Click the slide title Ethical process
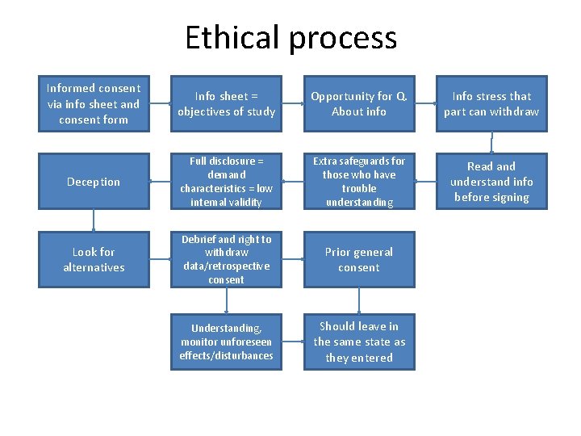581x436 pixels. click(x=290, y=38)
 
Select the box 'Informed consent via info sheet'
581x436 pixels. click(x=94, y=104)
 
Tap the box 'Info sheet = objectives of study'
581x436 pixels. click(x=227, y=104)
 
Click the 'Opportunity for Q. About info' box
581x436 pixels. click(x=359, y=104)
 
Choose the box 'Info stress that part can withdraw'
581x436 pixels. click(x=491, y=104)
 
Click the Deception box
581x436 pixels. click(x=94, y=182)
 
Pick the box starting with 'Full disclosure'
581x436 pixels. click(x=227, y=182)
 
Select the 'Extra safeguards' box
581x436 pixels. click(x=359, y=182)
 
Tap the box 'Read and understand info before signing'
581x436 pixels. click(x=491, y=182)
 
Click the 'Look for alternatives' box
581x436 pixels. click(x=94, y=260)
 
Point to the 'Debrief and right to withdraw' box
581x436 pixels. click(x=227, y=260)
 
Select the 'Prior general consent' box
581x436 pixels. click(x=359, y=260)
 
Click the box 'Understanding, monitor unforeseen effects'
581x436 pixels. click(x=227, y=342)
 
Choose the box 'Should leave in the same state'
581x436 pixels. click(x=359, y=342)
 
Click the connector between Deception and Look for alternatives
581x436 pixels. click(x=94, y=220)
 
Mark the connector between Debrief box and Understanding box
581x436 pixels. click(x=227, y=300)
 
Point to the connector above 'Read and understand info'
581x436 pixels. click(x=492, y=143)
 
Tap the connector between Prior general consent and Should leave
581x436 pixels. click(x=359, y=300)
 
